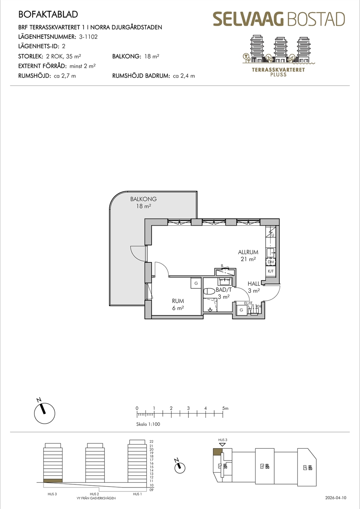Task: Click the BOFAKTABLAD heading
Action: (x=48, y=14)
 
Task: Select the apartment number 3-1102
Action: (x=89, y=37)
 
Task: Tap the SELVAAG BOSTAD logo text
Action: (x=279, y=19)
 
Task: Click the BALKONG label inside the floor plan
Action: (x=143, y=199)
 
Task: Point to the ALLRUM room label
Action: (x=248, y=252)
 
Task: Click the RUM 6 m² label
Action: (x=178, y=304)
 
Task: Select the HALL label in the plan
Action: (x=254, y=284)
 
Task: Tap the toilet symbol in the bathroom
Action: (x=209, y=292)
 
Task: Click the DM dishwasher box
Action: (x=271, y=262)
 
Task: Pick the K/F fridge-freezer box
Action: (x=271, y=271)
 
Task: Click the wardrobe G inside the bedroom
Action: (x=196, y=283)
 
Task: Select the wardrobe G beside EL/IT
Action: (x=241, y=310)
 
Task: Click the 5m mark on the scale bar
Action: (x=225, y=409)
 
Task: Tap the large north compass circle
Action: (x=45, y=414)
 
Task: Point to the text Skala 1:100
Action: (x=148, y=424)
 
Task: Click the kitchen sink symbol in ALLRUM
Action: (x=271, y=252)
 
